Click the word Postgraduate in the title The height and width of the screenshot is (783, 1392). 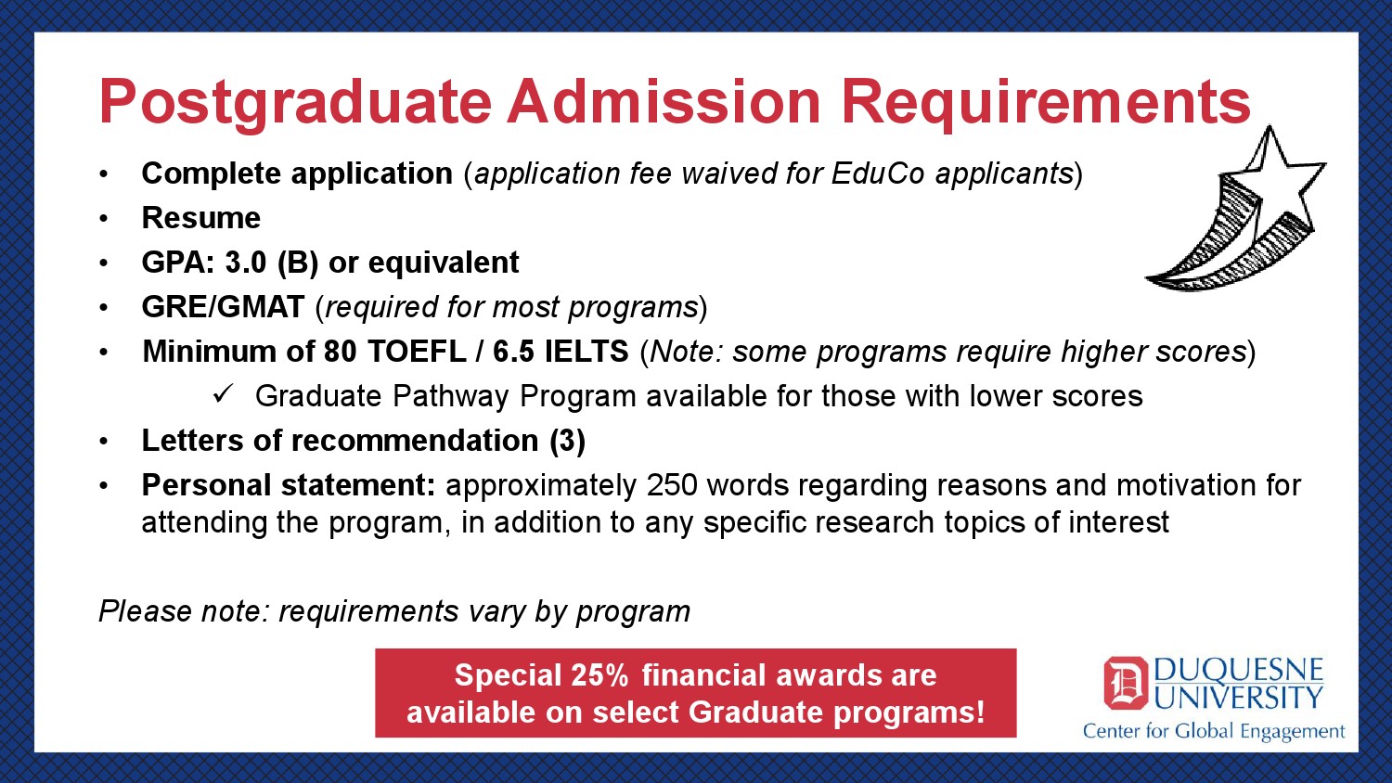pyautogui.click(x=295, y=104)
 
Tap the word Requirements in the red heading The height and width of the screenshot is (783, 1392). pyautogui.click(x=1047, y=104)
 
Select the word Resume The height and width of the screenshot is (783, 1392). pyautogui.click(x=200, y=218)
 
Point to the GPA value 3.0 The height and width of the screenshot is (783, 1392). pyautogui.click(x=246, y=263)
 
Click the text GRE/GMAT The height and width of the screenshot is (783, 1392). pyautogui.click(x=223, y=307)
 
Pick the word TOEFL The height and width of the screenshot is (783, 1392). pyautogui.click(x=417, y=352)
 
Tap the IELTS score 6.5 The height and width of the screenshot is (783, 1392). pyautogui.click(x=513, y=352)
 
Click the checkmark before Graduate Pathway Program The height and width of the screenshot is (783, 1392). pyautogui.click(x=223, y=394)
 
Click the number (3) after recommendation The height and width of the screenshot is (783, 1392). pyautogui.click(x=567, y=441)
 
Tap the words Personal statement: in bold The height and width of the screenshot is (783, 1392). pyautogui.click(x=289, y=485)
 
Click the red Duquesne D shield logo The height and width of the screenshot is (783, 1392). pyautogui.click(x=1126, y=683)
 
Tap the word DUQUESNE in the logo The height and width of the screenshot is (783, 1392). pyautogui.click(x=1239, y=671)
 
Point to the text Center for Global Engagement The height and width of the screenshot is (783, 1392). pyautogui.click(x=1214, y=731)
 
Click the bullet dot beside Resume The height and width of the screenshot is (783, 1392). pyautogui.click(x=103, y=219)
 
